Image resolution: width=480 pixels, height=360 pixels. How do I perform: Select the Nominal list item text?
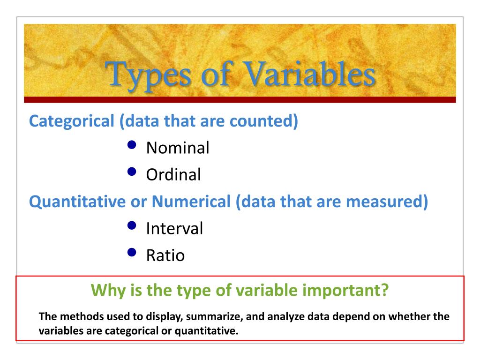coord(178,148)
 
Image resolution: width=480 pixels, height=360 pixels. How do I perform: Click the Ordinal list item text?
coord(173,175)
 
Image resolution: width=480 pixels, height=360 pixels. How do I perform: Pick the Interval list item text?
coord(174,229)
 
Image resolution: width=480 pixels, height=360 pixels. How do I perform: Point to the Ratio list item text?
coord(165,255)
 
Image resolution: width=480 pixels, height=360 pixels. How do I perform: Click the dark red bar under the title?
coord(240,99)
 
